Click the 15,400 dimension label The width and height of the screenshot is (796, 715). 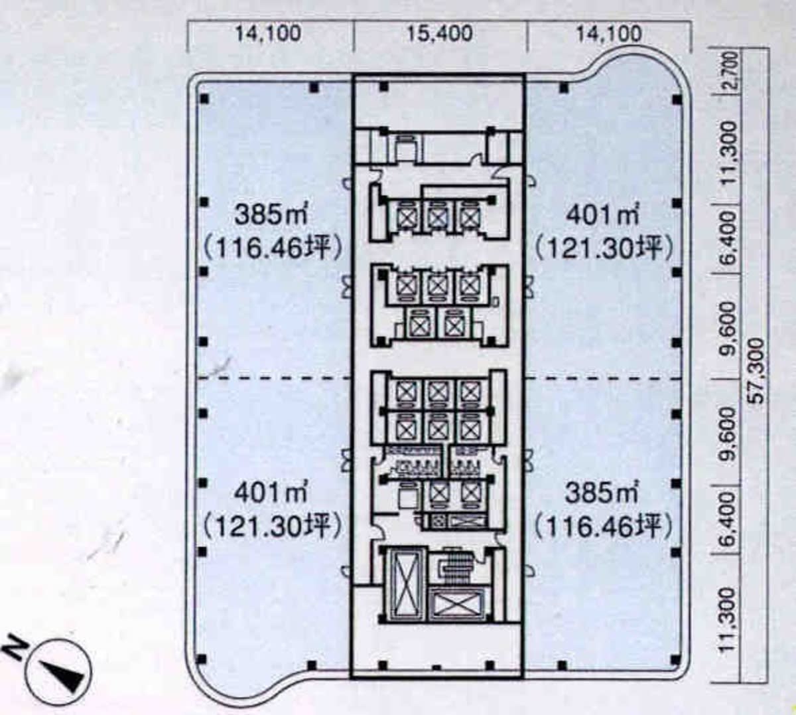439,34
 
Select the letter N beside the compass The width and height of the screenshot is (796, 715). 16,652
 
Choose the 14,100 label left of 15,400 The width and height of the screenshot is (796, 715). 268,34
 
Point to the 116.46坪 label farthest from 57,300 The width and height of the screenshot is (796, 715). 271,248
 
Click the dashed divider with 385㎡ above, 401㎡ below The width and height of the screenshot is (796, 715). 273,378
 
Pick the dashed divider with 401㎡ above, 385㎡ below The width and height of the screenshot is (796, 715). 604,378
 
